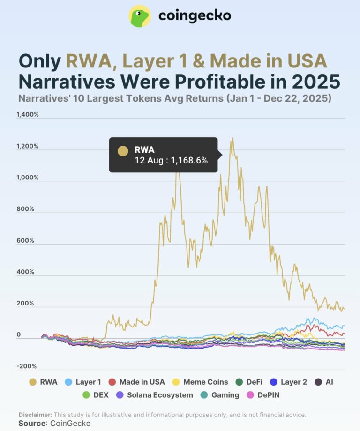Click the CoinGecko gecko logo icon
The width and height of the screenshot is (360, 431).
140,16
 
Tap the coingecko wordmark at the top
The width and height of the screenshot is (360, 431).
195,16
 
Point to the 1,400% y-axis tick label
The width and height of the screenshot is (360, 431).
28,115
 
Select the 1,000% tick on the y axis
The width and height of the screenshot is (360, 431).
28,178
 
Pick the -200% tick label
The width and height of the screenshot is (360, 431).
27,366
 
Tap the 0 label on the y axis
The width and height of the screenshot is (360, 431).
19,335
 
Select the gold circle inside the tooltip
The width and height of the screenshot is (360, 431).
123,150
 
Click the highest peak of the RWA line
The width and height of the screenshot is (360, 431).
232,139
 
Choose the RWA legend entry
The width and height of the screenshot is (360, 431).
43,382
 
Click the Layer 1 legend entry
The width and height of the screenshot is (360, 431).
84,382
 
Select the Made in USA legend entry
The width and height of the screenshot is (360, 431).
136,382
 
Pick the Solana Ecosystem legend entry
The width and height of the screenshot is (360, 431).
154,395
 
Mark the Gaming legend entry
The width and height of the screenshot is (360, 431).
220,395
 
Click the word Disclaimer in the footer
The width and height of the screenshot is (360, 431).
36,415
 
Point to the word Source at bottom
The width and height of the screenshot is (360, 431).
32,423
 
